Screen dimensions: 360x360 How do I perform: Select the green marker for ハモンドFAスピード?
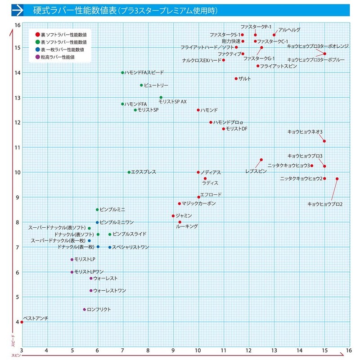pos(122,72)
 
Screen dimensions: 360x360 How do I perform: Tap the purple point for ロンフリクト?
pos(84,310)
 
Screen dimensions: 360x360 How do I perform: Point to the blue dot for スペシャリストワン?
pos(109,247)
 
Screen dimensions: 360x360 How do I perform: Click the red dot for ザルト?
pos(236,79)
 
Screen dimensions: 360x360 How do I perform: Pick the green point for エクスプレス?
pos(129,172)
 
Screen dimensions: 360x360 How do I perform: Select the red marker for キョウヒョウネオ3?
pos(324,141)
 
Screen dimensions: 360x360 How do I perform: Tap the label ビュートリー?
pos(156,85)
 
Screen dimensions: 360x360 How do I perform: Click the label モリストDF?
pos(237,129)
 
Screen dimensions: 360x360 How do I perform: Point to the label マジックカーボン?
pos(198,203)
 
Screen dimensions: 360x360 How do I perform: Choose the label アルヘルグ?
pos(289,30)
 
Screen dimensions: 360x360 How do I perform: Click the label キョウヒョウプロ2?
pos(325,204)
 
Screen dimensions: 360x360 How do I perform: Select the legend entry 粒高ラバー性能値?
pos(58,57)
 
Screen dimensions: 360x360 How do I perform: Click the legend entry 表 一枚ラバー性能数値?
pos(63,49)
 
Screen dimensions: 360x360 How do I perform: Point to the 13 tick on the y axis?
pos(17,98)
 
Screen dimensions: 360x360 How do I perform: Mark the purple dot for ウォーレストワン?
pos(91,291)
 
